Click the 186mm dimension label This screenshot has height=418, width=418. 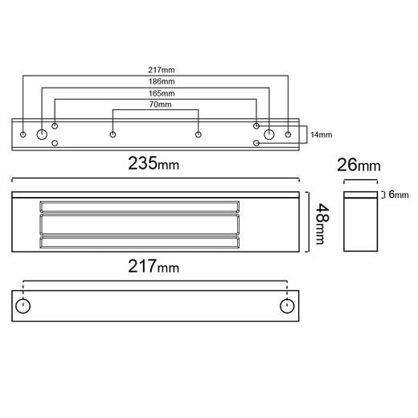click(x=162, y=81)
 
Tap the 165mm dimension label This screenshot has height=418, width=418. click(x=162, y=93)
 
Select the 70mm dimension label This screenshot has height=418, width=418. click(x=160, y=104)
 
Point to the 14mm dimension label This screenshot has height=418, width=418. click(x=321, y=134)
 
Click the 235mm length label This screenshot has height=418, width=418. click(x=154, y=163)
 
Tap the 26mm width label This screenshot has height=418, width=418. click(x=359, y=165)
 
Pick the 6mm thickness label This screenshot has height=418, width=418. click(x=399, y=195)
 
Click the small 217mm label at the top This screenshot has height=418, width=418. click(x=162, y=70)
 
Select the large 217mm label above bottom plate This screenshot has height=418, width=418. click(x=154, y=266)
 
